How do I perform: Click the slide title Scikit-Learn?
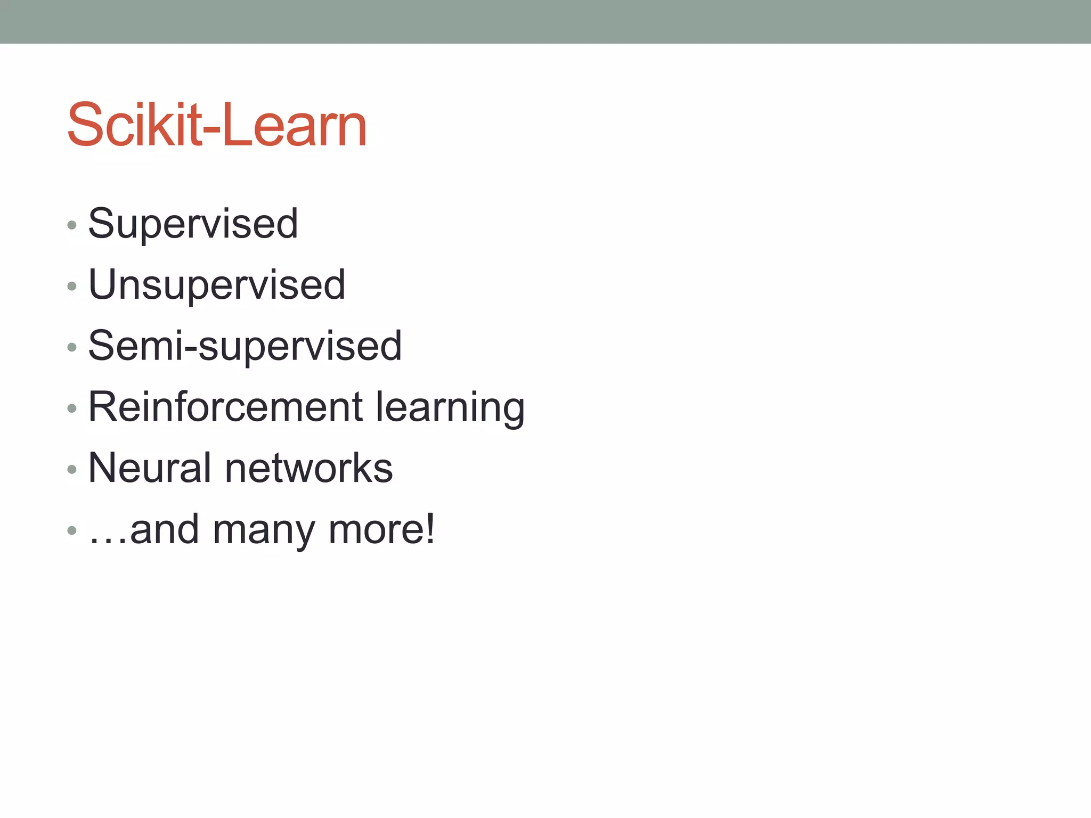(x=217, y=125)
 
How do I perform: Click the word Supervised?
(x=193, y=224)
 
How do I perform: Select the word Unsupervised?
(x=217, y=285)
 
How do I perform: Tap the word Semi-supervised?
(x=245, y=346)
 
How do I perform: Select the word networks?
(x=309, y=468)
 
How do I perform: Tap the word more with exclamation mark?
(x=381, y=529)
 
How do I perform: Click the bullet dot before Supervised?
(x=72, y=225)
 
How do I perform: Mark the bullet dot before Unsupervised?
(x=72, y=287)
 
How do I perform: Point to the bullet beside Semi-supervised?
(x=72, y=348)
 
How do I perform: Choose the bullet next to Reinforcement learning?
(x=72, y=408)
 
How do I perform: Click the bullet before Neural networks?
(x=72, y=470)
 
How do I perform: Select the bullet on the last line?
(x=72, y=530)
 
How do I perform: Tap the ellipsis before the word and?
(x=108, y=540)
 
